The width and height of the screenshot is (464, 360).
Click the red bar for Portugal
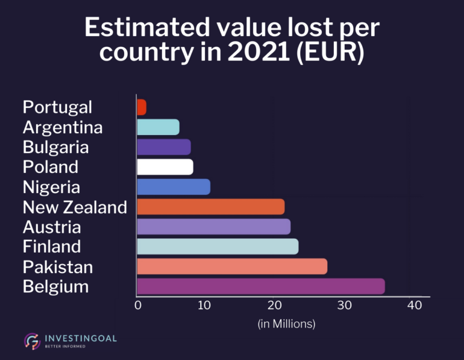(141, 107)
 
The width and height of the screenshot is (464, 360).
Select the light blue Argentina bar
(158, 127)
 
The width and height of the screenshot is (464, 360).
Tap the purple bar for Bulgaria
(164, 147)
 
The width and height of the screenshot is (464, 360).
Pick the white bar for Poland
(165, 167)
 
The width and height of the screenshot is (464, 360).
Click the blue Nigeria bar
(173, 187)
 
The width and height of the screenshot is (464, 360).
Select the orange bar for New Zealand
(210, 207)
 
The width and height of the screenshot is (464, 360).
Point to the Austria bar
(213, 227)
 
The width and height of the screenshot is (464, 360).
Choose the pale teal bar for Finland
(218, 247)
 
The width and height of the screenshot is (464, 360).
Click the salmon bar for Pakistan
(232, 266)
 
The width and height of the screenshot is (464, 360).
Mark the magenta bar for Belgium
(261, 286)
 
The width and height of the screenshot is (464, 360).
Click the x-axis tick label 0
(137, 305)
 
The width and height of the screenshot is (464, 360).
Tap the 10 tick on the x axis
(205, 305)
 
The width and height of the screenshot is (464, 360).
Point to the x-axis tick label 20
(275, 305)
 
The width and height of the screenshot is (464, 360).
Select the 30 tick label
(344, 305)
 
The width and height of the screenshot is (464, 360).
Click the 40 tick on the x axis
(413, 305)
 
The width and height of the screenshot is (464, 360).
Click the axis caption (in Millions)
(287, 324)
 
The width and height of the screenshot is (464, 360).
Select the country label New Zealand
(75, 207)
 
